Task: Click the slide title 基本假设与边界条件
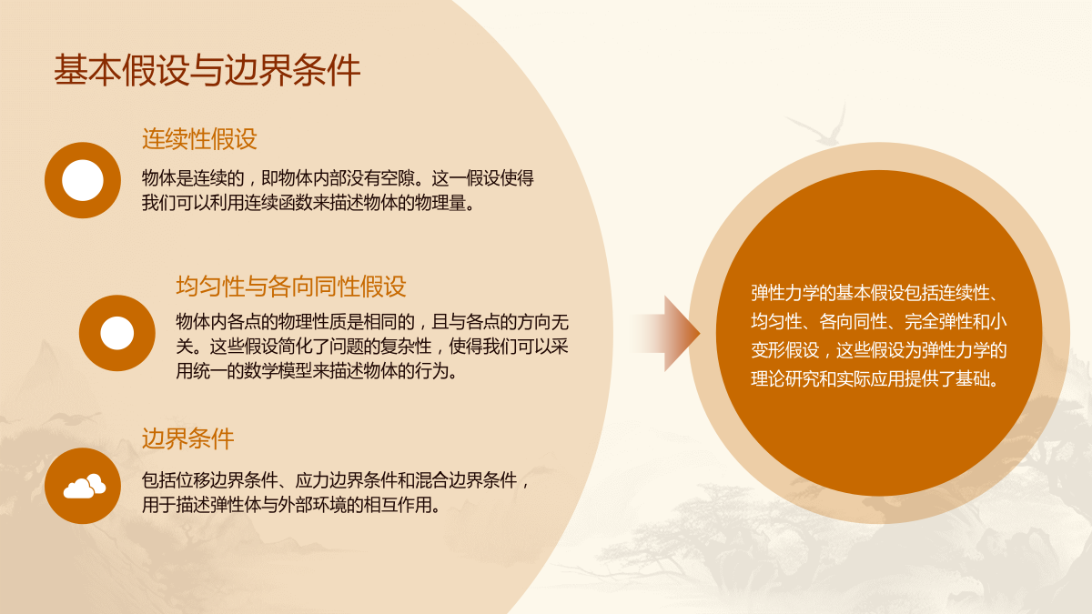[x=207, y=71]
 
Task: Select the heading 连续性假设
[x=199, y=139]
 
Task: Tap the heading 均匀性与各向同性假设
[x=291, y=286]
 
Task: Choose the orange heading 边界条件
[x=187, y=438]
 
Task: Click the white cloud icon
[x=85, y=486]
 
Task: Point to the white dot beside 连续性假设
[x=83, y=180]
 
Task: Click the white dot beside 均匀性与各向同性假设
[x=117, y=333]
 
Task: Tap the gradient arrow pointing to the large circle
[x=666, y=333]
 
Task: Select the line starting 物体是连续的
[x=338, y=178]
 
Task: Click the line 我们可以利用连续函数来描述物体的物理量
[x=308, y=203]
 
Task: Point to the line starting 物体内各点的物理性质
[x=372, y=322]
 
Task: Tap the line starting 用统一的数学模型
[x=317, y=372]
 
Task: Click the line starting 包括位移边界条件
[x=336, y=480]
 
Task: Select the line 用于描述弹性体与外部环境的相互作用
[x=291, y=506]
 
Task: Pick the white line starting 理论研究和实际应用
[x=875, y=379]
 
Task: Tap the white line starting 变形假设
[x=879, y=351]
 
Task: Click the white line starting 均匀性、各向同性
[x=879, y=322]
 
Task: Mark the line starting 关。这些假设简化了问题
[x=372, y=347]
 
